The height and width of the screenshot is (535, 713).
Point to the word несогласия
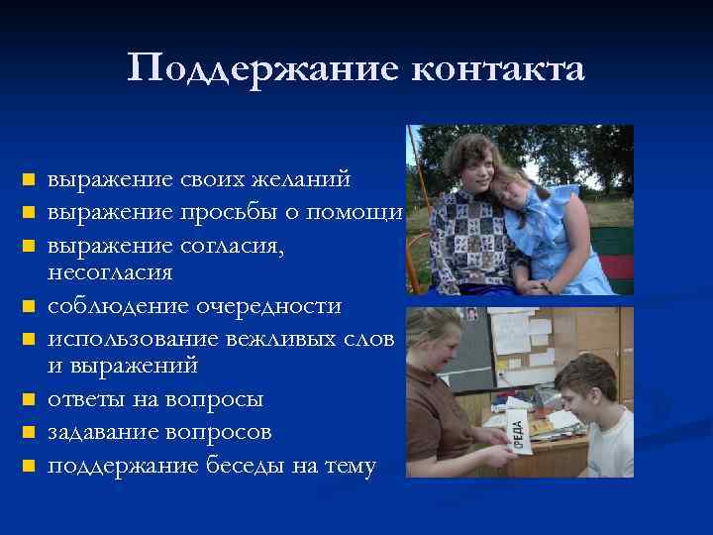click(110, 271)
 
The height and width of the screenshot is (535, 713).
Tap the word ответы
click(87, 400)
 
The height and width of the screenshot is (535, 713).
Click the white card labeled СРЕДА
click(521, 430)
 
